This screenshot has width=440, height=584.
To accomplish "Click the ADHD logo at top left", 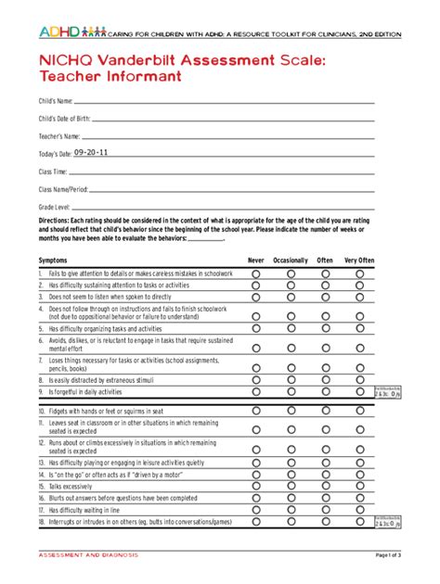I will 71,32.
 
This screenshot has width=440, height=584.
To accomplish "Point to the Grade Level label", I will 54,206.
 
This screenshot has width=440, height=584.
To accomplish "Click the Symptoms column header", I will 53,260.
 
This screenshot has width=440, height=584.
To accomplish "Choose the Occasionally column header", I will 291,260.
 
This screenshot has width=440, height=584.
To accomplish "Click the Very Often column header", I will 360,260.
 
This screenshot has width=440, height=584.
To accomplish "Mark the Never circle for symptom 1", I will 256,274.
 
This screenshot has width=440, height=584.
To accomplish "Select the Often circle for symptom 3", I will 325,298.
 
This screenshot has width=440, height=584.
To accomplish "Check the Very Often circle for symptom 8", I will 360,379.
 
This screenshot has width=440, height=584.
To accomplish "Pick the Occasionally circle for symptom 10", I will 291,411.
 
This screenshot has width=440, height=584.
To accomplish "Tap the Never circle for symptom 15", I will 256,486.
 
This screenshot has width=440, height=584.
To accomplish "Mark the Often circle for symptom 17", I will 325,510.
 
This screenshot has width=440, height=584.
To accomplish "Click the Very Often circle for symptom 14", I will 360,474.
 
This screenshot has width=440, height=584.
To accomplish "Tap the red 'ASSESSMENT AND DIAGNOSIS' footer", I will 88,555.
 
